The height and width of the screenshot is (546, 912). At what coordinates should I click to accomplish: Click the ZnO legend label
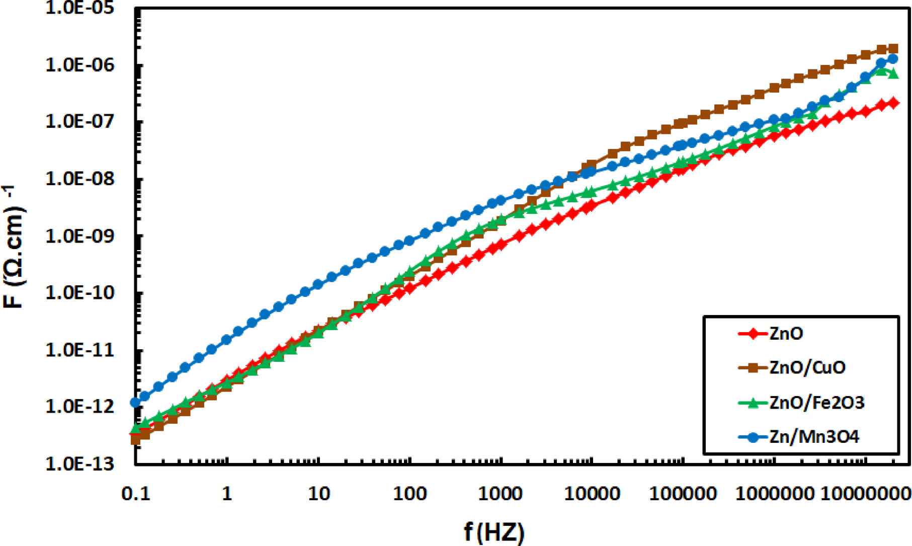[x=786, y=334]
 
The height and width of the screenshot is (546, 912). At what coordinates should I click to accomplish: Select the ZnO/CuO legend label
[x=807, y=367]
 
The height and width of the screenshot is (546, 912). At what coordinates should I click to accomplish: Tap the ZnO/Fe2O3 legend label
[x=817, y=402]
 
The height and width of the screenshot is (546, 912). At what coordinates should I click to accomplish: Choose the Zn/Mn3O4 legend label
[x=814, y=436]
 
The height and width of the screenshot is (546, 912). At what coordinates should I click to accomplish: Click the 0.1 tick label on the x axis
[x=136, y=494]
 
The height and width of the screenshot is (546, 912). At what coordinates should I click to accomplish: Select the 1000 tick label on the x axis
[x=501, y=494]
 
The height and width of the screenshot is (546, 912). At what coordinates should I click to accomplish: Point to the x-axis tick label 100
[x=409, y=494]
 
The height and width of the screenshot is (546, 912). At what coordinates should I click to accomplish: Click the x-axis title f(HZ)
[x=494, y=532]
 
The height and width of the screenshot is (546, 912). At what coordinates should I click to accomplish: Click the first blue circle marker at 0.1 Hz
[x=135, y=402]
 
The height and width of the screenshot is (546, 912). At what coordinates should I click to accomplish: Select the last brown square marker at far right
[x=893, y=49]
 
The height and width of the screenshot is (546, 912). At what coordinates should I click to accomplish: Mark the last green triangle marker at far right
[x=893, y=73]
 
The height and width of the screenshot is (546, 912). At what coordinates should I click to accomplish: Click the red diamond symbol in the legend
[x=753, y=334]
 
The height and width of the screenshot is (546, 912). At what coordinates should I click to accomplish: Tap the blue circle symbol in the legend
[x=753, y=436]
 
